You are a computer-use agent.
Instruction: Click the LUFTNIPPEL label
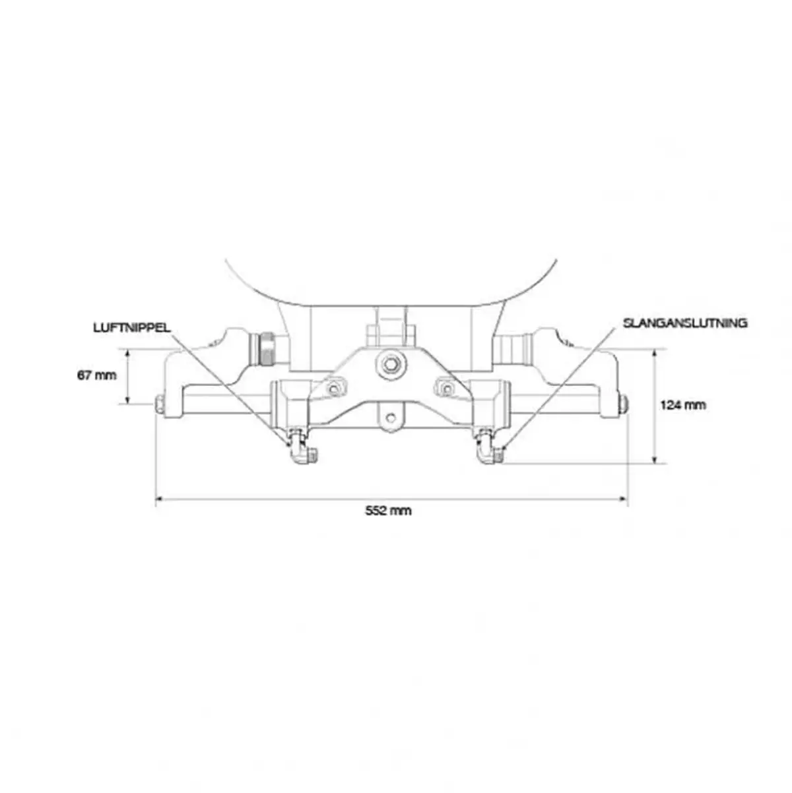pos(132,328)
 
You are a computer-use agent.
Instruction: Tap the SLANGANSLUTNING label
pos(685,323)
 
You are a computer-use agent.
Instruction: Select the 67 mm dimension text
pos(97,375)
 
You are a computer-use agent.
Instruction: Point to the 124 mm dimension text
pos(683,405)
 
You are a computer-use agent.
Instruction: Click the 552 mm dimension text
pos(388,511)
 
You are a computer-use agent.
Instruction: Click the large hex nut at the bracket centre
pos(389,364)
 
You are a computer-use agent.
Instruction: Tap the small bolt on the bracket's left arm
pos(333,387)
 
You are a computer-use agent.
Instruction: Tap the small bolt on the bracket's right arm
pos(446,387)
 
